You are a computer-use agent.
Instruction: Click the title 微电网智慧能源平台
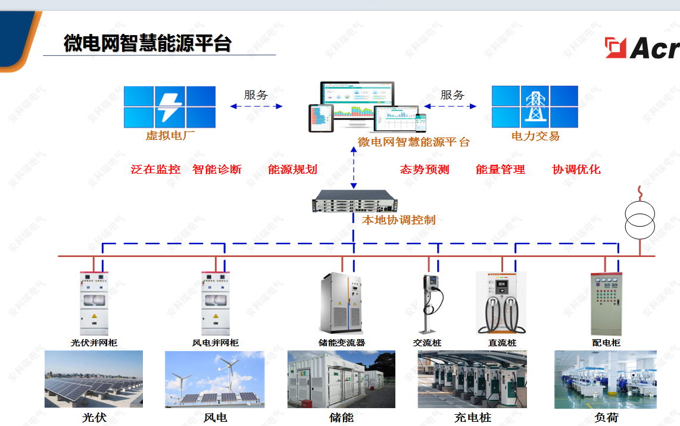click(147, 43)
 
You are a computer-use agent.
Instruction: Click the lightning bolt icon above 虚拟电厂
click(170, 106)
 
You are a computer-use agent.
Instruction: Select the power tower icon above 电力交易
click(534, 106)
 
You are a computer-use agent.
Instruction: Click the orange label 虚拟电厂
click(170, 136)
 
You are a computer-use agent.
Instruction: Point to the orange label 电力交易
click(535, 136)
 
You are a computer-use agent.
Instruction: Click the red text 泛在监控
click(155, 170)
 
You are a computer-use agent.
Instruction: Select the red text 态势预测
click(424, 170)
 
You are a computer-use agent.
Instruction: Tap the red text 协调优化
click(576, 170)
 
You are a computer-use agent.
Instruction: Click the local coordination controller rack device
click(354, 201)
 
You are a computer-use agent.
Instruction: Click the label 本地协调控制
click(398, 220)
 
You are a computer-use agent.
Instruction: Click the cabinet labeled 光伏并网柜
click(94, 303)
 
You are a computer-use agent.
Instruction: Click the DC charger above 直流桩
click(501, 303)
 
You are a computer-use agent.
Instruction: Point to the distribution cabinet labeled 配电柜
click(606, 303)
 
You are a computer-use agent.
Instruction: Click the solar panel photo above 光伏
click(93, 379)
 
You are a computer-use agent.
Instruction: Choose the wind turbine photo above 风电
click(214, 379)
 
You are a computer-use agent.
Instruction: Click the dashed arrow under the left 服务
click(256, 106)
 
